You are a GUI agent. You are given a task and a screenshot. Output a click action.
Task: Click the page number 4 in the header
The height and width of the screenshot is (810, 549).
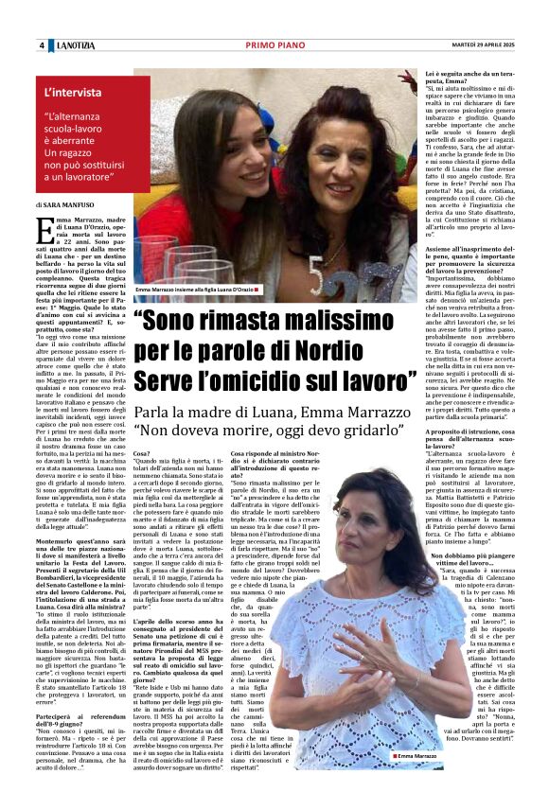click(42, 45)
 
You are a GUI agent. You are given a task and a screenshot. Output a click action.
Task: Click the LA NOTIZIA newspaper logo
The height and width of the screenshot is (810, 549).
click(75, 45)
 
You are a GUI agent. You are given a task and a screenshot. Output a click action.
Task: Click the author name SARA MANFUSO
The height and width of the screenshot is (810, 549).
click(72, 204)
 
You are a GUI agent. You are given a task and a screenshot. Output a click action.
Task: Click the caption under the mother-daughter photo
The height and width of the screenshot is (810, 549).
click(195, 289)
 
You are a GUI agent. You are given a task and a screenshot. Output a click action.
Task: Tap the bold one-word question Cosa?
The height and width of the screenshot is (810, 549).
click(141, 454)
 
